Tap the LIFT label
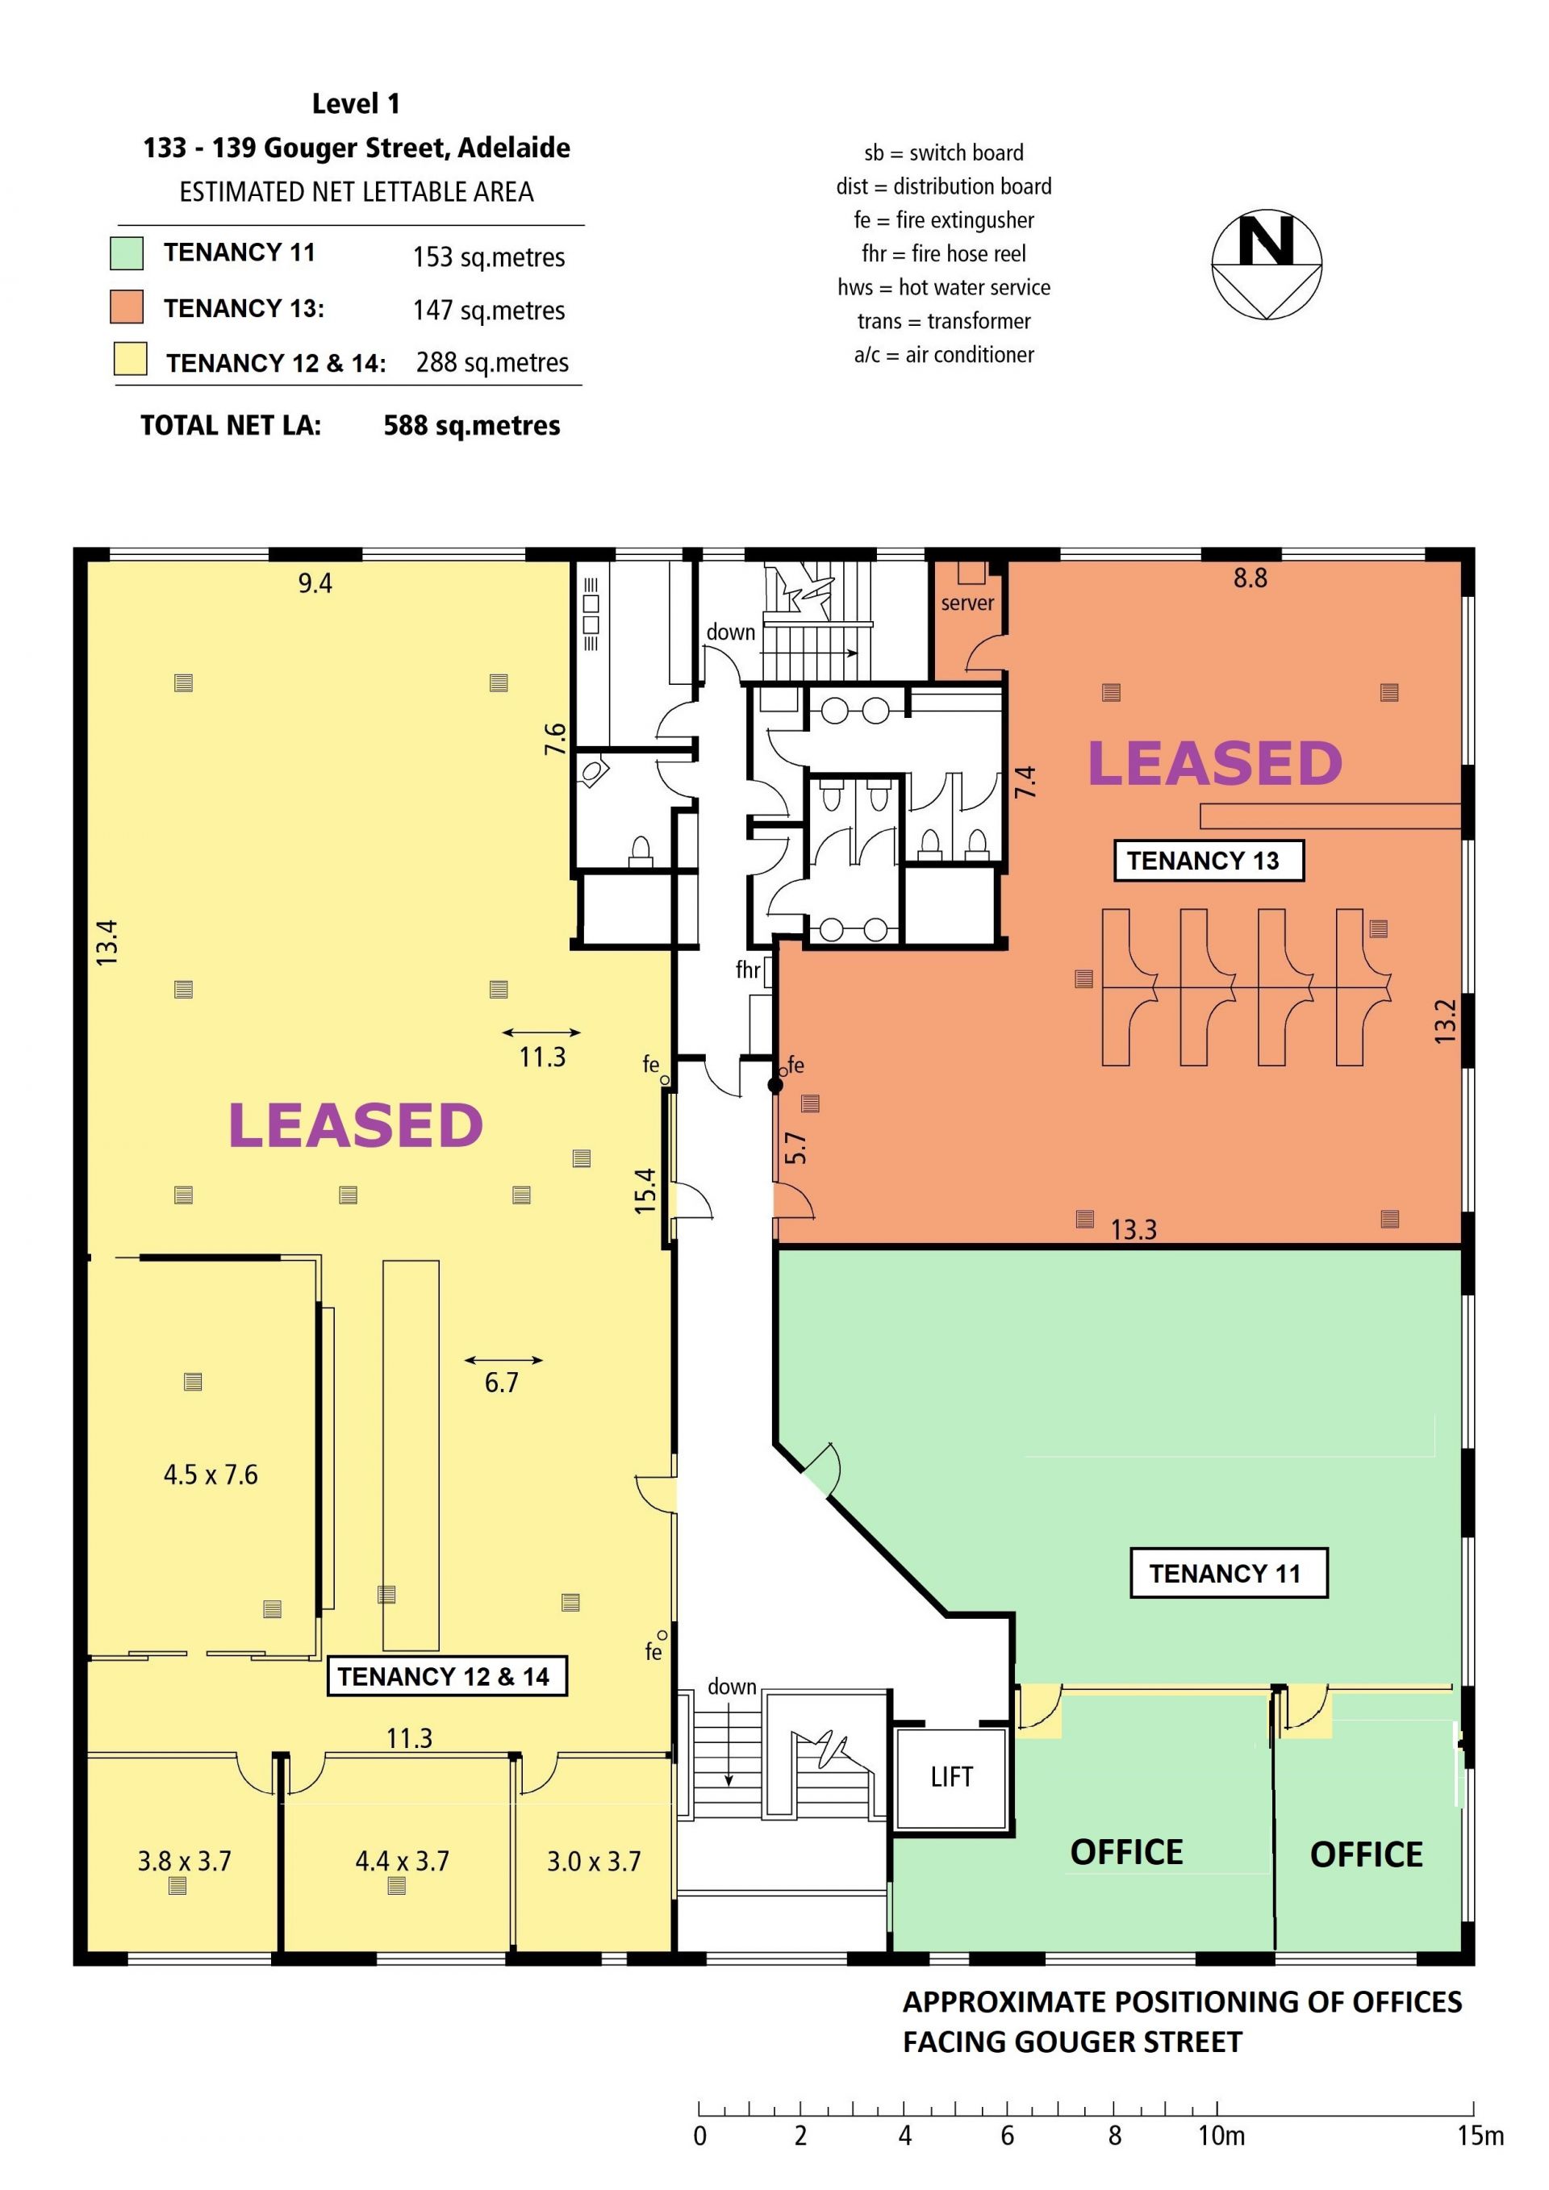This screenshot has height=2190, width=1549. tap(951, 1776)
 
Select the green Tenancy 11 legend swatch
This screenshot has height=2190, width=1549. tap(127, 252)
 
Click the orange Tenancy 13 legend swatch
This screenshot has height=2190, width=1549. tap(127, 307)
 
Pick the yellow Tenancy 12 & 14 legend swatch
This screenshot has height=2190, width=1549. tap(130, 360)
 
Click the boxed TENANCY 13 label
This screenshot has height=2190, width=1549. tap(1209, 861)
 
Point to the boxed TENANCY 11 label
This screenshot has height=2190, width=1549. tap(1229, 1573)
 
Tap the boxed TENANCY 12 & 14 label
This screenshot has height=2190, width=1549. tap(446, 1676)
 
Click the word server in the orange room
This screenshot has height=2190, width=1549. tap(967, 603)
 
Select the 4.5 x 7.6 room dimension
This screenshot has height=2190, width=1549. tap(211, 1475)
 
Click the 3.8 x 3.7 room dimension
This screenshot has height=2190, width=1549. tap(185, 1861)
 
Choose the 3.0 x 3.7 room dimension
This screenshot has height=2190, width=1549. tap(593, 1861)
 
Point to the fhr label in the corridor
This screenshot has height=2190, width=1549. tap(748, 970)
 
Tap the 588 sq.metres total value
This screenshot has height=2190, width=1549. tap(471, 425)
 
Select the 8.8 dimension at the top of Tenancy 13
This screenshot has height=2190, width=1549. tap(1250, 578)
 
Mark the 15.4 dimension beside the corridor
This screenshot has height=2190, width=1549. tap(645, 1191)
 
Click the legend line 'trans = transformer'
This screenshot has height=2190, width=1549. tap(943, 321)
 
